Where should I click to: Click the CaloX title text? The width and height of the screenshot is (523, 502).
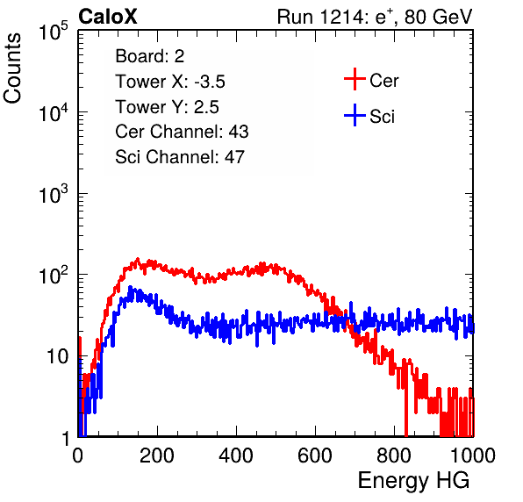pyautogui.click(x=107, y=17)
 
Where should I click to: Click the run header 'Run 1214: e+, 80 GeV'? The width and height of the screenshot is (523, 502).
pyautogui.click(x=375, y=17)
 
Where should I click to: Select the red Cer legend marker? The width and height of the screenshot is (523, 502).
pyautogui.click(x=355, y=79)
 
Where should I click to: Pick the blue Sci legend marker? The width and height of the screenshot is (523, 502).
pyautogui.click(x=355, y=115)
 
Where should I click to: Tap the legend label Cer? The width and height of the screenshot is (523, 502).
pyautogui.click(x=383, y=81)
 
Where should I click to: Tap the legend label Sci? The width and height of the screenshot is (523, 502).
pyautogui.click(x=382, y=117)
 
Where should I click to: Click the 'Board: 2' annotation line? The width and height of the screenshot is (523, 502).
pyautogui.click(x=150, y=56)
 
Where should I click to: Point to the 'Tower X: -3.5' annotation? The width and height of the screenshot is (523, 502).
pyautogui.click(x=170, y=82)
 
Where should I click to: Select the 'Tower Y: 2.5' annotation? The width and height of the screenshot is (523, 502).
pyautogui.click(x=167, y=107)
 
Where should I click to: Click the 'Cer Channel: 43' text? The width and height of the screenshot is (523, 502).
pyautogui.click(x=182, y=132)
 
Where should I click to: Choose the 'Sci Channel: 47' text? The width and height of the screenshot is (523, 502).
pyautogui.click(x=180, y=157)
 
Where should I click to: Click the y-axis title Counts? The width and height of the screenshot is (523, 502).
pyautogui.click(x=12, y=68)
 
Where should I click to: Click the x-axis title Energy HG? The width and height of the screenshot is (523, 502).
pyautogui.click(x=413, y=481)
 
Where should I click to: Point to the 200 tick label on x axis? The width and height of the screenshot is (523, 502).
pyautogui.click(x=157, y=455)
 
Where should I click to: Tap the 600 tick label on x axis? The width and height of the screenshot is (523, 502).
pyautogui.click(x=315, y=455)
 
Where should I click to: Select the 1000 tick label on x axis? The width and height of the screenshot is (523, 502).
pyautogui.click(x=473, y=455)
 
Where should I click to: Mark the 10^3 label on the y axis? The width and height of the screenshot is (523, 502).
pyautogui.click(x=54, y=194)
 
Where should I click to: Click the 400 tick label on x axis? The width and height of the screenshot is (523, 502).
pyautogui.click(x=236, y=455)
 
